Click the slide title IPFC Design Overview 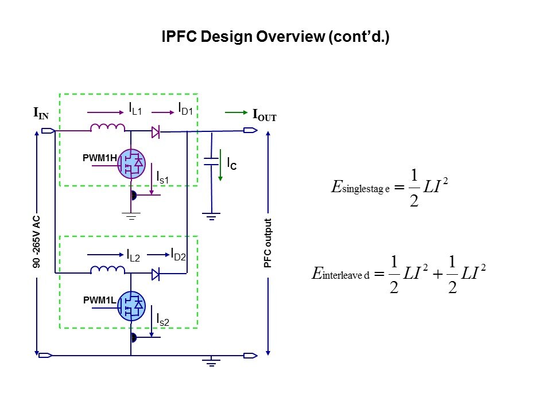click(275, 37)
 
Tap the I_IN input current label click(41, 114)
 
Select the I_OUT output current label click(265, 115)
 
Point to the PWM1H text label click(100, 157)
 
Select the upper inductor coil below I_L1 click(107, 127)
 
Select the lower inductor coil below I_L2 click(108, 269)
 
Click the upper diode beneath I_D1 click(155, 132)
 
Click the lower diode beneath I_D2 click(155, 274)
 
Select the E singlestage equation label click(360, 188)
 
